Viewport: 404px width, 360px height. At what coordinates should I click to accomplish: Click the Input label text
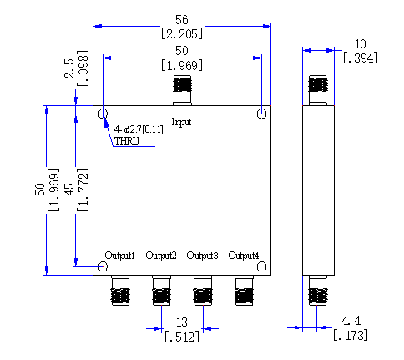pyautogui.click(x=181, y=122)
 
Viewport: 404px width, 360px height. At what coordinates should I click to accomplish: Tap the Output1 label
pyautogui.click(x=120, y=256)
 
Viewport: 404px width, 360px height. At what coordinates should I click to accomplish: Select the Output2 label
pyautogui.click(x=161, y=256)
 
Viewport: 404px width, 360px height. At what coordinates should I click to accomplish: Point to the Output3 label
pyautogui.click(x=202, y=256)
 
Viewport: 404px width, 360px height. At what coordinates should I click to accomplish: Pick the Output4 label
pyautogui.click(x=244, y=256)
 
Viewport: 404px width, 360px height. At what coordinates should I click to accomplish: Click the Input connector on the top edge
pyautogui.click(x=182, y=90)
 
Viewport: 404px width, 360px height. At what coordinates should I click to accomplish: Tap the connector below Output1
pyautogui.click(x=120, y=291)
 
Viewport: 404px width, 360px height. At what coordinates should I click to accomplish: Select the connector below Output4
pyautogui.click(x=244, y=291)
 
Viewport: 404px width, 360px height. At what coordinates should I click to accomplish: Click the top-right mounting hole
pyautogui.click(x=261, y=114)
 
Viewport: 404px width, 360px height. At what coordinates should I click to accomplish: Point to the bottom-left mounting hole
pyautogui.click(x=103, y=266)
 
